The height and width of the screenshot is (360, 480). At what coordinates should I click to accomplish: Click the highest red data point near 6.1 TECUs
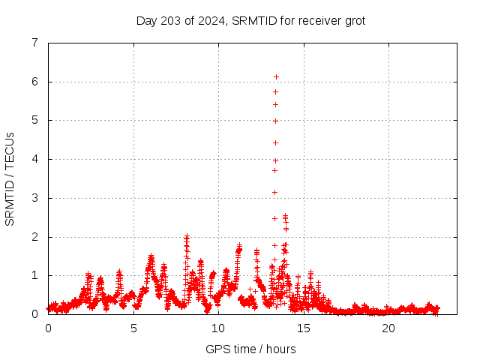(x=276, y=76)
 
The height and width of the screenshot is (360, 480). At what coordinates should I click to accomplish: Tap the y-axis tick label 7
(x=34, y=43)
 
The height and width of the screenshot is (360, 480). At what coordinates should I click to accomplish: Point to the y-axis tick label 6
(x=34, y=82)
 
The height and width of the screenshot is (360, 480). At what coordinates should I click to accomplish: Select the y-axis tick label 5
(x=34, y=120)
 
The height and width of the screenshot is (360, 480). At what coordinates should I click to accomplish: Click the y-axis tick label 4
(x=34, y=159)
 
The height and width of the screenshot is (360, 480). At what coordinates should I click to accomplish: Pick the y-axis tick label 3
(x=34, y=198)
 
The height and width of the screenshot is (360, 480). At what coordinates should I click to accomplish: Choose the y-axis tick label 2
(x=34, y=237)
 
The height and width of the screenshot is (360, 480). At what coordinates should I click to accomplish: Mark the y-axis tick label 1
(x=34, y=275)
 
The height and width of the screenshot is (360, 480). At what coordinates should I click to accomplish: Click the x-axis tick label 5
(x=133, y=328)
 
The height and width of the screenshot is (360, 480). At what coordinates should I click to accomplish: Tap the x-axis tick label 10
(x=218, y=328)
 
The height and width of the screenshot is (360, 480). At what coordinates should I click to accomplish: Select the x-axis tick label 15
(x=304, y=328)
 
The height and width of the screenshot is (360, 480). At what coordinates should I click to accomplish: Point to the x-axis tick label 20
(x=388, y=328)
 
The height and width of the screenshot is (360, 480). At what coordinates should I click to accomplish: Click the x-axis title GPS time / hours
(x=250, y=349)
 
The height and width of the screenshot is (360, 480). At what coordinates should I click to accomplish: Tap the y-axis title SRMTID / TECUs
(x=10, y=178)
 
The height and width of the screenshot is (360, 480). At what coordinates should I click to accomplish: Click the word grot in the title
(x=354, y=21)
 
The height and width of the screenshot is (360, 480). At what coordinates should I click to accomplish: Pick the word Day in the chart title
(x=145, y=21)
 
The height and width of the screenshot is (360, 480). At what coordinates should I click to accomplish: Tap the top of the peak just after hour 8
(x=187, y=236)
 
